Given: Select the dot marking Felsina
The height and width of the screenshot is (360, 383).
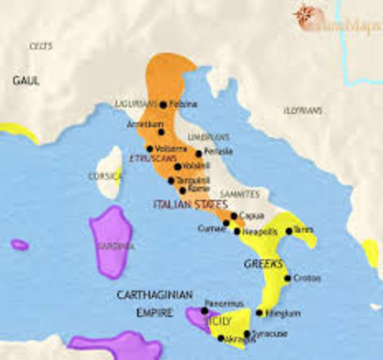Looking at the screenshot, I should [x=163, y=104].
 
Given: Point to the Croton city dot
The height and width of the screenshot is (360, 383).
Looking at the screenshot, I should [x=288, y=278].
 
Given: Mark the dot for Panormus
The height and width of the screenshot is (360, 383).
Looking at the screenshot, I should [x=205, y=310].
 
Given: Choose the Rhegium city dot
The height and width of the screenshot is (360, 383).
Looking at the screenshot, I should [x=259, y=313].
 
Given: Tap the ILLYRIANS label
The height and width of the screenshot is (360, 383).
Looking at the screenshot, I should [x=304, y=110].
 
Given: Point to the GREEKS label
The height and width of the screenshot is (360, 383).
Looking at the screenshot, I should [x=262, y=264].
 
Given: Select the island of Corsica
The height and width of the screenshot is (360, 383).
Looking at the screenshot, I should [x=112, y=171].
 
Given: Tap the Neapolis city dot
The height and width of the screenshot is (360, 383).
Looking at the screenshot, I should [x=239, y=232].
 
